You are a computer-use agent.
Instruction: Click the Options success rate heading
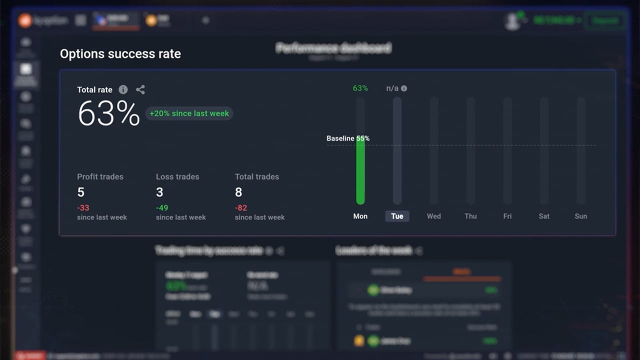point(120,54)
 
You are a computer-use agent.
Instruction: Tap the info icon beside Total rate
point(123,89)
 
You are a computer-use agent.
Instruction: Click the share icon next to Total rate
point(140,89)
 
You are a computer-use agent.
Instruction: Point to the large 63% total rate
point(109,114)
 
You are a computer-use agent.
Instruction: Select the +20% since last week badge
point(189,113)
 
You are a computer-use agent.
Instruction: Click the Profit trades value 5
point(81,192)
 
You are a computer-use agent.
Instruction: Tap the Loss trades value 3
point(159,192)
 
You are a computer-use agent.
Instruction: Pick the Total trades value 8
point(238,192)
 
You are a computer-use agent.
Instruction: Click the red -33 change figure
point(83,208)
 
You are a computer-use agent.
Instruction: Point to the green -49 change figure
point(162,208)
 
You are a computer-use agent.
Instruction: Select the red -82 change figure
point(241,208)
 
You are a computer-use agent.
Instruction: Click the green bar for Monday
point(360,170)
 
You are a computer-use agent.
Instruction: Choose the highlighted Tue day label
point(397,216)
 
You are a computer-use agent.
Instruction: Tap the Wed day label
point(434,216)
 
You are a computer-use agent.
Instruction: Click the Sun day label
point(581,216)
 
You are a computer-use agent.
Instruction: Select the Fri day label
point(507,216)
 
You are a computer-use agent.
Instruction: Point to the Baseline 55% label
point(348,138)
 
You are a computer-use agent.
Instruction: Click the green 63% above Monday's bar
point(360,88)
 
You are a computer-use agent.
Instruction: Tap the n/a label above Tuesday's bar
point(392,88)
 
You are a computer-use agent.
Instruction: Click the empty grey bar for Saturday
point(544,150)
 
